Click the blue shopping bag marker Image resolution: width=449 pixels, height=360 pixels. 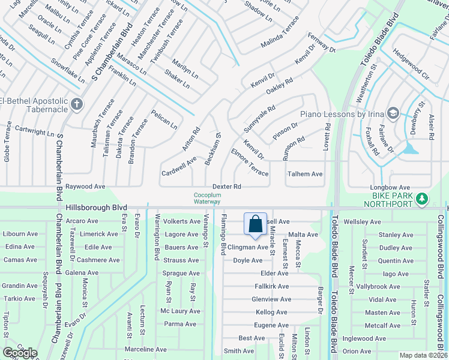[255, 224]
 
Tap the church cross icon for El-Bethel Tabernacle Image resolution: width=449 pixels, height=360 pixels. [76, 104]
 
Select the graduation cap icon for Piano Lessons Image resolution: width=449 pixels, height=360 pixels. [393, 113]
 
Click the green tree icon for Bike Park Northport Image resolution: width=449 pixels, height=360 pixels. [422, 198]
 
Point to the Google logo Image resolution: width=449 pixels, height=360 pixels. [20, 353]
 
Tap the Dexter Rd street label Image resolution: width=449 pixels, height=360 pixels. [227, 187]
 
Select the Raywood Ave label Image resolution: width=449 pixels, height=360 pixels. [85, 187]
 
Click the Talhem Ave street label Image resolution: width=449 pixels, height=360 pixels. [305, 174]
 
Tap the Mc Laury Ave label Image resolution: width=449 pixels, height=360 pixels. [180, 311]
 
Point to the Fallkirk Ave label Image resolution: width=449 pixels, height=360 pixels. [272, 286]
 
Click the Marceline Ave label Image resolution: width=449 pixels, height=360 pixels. [145, 349]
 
